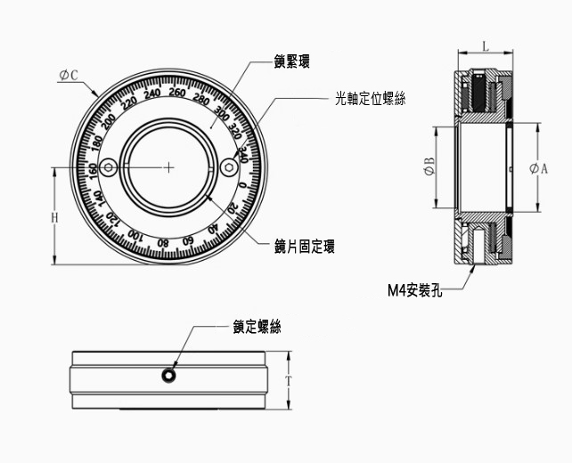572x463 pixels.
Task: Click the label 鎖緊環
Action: tap(295, 63)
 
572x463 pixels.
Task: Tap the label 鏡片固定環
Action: tap(306, 247)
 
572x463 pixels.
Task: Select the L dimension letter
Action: tap(485, 45)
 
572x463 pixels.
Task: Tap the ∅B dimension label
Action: tap(429, 167)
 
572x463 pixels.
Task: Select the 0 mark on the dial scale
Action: tap(243, 185)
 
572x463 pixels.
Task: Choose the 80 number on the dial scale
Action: tap(162, 242)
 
